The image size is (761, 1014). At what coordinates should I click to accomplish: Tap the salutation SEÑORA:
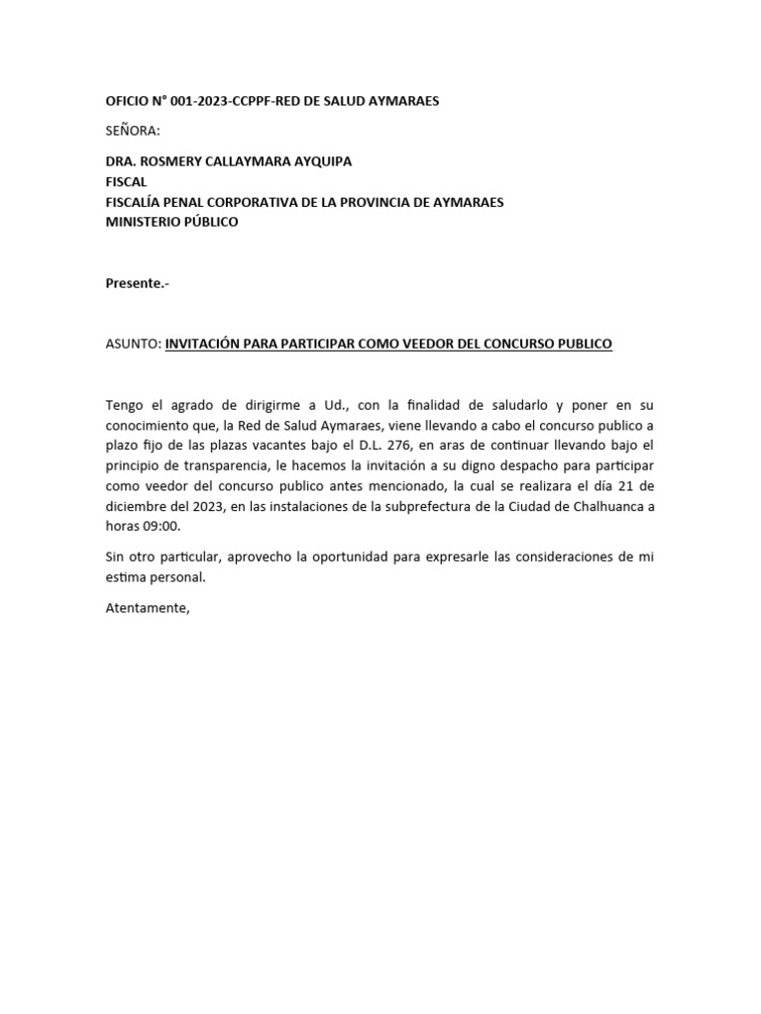(132, 131)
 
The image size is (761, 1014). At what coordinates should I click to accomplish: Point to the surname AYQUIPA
(318, 161)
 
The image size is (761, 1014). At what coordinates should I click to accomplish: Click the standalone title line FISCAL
(126, 181)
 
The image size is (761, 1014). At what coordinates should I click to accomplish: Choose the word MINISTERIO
(143, 222)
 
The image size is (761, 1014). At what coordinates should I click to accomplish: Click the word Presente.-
(137, 283)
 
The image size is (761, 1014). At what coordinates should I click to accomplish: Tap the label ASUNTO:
(133, 344)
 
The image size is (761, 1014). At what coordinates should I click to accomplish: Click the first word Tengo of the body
(125, 405)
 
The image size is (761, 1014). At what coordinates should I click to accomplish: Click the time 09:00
(161, 527)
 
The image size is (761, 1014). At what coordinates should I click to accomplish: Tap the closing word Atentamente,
(147, 607)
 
